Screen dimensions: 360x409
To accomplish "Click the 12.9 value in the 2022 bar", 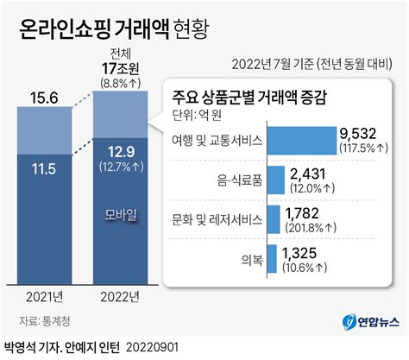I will click(120, 149).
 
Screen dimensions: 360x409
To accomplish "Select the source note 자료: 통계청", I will click(43, 321).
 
